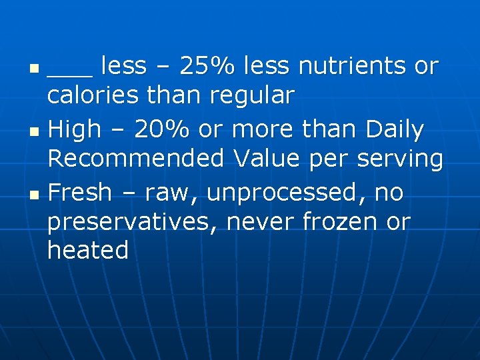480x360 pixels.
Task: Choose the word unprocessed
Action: [x=287, y=193]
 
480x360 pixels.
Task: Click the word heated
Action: [x=88, y=251]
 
